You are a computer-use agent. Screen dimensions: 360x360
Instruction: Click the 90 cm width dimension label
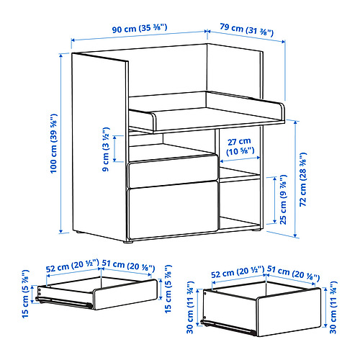coord(140,29)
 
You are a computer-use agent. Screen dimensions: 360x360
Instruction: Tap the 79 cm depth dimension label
coord(247,30)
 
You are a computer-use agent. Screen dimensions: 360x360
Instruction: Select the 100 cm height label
coord(54,143)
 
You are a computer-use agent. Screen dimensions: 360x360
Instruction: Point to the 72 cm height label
coord(303,179)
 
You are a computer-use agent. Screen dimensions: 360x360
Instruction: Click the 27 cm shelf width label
coord(240,146)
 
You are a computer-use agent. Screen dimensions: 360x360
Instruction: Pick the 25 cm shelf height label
coord(283,199)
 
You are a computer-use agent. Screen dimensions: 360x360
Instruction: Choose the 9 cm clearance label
coord(106,149)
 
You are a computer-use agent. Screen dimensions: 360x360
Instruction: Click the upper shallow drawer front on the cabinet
coord(174,171)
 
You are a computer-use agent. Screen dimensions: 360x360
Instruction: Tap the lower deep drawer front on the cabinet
coord(174,210)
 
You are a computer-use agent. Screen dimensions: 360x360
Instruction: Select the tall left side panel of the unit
coord(99,146)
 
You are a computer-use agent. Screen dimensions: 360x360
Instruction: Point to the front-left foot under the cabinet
coord(128,242)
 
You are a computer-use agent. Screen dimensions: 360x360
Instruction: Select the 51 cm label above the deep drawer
coord(293,274)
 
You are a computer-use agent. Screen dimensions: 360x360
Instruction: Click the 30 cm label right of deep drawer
coord(333,307)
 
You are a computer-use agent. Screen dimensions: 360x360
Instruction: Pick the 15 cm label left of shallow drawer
coord(25,294)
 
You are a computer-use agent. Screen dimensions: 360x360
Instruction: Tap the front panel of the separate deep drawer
coord(289,312)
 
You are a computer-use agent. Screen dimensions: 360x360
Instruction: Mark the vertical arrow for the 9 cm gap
coord(115,148)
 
